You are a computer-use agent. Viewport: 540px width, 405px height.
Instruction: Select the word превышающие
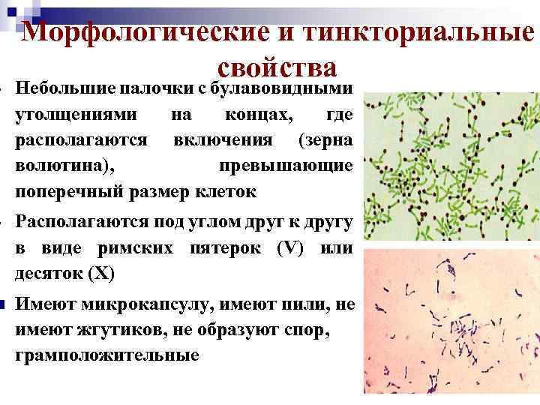click(286, 166)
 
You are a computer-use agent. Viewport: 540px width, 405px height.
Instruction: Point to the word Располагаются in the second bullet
click(82, 222)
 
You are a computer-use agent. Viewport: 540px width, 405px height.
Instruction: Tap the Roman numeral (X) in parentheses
click(101, 273)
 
